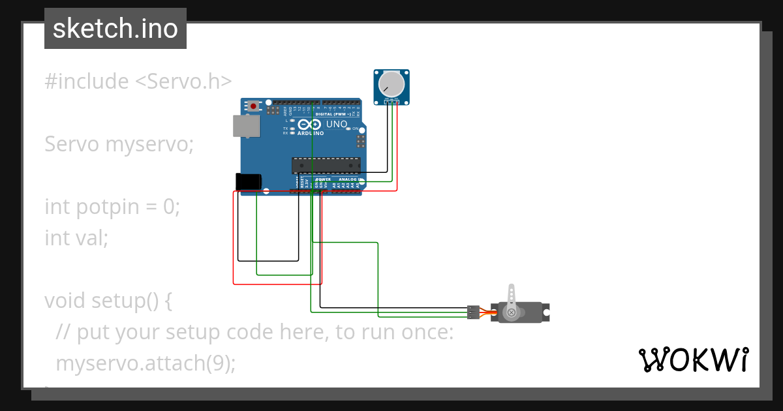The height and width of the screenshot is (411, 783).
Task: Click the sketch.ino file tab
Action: coord(115,29)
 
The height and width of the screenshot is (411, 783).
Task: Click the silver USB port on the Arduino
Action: coord(246,126)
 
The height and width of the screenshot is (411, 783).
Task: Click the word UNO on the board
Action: coord(337,125)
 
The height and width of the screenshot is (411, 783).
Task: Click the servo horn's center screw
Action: coord(512,313)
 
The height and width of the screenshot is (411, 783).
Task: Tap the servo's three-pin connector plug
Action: coord(474,312)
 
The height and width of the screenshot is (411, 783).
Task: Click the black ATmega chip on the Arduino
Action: coord(326,166)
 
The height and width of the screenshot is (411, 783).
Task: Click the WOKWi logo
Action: coord(693,359)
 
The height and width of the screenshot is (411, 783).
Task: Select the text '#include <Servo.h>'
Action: coord(138,82)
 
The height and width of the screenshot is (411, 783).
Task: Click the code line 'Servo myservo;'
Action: coord(119,144)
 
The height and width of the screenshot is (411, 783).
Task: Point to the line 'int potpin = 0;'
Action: coord(112,207)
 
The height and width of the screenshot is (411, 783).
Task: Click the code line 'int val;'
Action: coord(76,237)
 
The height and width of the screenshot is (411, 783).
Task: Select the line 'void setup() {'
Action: coord(108,301)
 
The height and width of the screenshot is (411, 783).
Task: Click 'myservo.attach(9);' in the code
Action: coord(145,363)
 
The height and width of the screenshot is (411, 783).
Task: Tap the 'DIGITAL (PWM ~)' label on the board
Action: coord(333,114)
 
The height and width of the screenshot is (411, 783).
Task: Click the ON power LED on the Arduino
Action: coord(348,129)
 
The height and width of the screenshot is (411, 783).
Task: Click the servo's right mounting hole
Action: coord(548,312)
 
